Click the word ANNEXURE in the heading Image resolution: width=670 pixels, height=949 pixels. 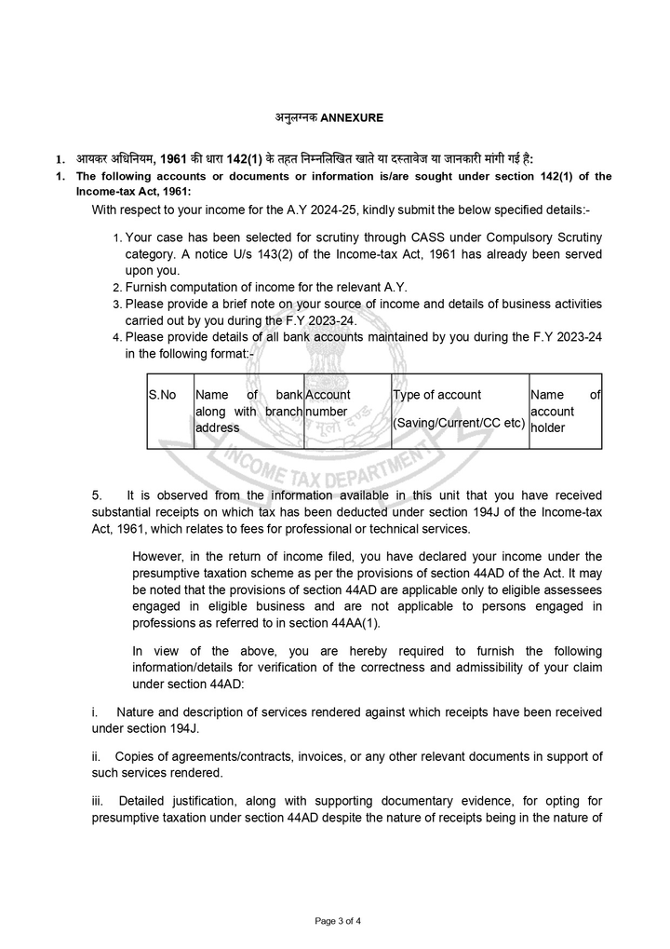[x=351, y=118]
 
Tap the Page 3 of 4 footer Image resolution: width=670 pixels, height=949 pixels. [x=338, y=921]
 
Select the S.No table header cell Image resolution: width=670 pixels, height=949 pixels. [x=162, y=395]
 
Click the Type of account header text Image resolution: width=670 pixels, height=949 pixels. [x=437, y=395]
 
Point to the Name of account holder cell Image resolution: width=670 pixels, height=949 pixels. [x=565, y=412]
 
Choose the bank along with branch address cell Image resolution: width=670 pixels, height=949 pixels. [x=248, y=412]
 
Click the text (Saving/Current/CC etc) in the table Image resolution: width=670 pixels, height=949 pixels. [x=459, y=424]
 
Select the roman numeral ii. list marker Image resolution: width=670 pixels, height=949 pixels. [x=97, y=755]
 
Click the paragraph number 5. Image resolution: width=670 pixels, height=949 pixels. [x=96, y=495]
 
